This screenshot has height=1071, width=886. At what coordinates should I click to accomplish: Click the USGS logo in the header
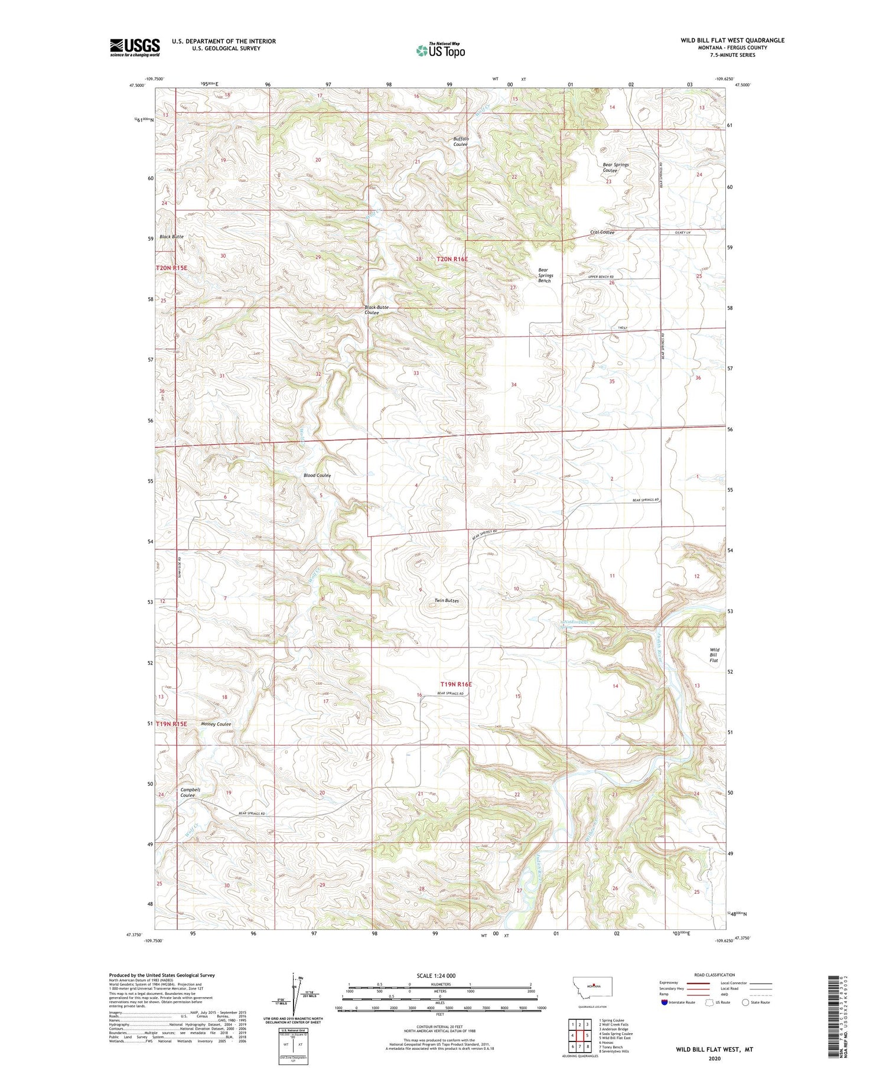click(135, 47)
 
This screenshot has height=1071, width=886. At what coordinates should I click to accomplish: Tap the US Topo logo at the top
click(440, 50)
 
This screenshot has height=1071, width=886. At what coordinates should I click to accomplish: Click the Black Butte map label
click(171, 236)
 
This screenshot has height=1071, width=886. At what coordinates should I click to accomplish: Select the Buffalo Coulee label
click(461, 141)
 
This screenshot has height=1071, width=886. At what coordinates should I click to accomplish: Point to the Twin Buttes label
click(447, 600)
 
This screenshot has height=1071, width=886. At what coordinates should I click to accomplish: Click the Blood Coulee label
click(317, 475)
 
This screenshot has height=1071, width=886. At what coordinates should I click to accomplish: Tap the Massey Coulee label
click(216, 724)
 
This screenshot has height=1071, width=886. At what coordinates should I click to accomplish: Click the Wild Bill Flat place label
click(714, 655)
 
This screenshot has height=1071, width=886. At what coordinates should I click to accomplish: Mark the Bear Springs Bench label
click(545, 275)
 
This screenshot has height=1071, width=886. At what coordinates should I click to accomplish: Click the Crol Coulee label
click(602, 232)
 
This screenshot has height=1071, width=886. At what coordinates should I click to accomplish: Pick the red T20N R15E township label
click(171, 268)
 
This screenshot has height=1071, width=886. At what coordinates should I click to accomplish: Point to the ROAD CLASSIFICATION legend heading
click(715, 975)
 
